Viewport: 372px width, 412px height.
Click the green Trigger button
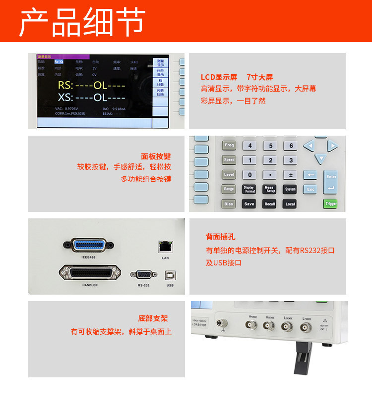click(x=331, y=203)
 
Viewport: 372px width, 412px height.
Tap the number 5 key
click(x=270, y=146)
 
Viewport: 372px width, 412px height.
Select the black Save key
click(x=249, y=204)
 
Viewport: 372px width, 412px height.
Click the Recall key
click(x=270, y=204)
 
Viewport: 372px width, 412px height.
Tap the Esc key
click(x=310, y=189)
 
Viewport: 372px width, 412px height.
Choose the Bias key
click(x=229, y=204)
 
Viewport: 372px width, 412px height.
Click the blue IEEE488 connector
click(x=89, y=245)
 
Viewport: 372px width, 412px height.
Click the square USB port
click(x=170, y=276)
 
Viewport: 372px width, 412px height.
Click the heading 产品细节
click(x=82, y=22)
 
